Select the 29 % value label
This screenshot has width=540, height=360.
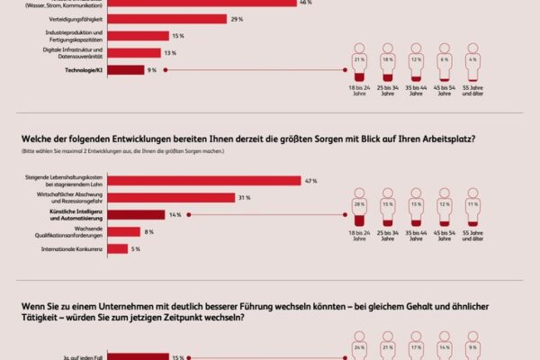point(236,19)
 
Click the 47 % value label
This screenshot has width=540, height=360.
point(311,181)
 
